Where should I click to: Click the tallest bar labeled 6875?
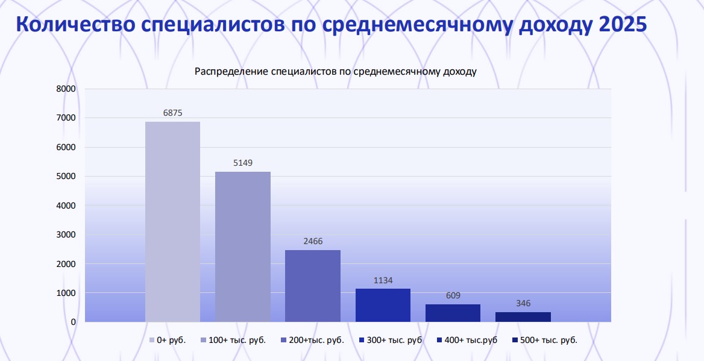pos(172,222)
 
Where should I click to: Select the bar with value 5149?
pos(243,246)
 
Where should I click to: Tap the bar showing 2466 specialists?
pos(313,286)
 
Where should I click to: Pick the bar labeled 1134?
pos(383,305)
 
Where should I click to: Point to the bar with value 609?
pos(453,313)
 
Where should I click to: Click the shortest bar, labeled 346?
pos(523,316)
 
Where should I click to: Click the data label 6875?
pos(172,113)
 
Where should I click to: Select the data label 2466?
pos(313,241)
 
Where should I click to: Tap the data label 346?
pos(523,303)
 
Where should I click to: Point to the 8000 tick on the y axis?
pos(66,89)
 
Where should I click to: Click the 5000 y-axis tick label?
pos(66,176)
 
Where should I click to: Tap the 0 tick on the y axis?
pos(74,322)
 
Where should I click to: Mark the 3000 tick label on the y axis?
pos(66,234)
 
